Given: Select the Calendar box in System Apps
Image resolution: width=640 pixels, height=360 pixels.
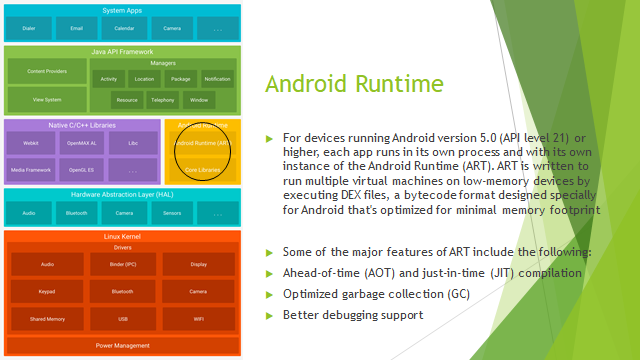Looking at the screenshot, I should click(x=124, y=30).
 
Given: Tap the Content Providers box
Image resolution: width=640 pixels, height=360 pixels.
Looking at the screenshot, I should click(x=47, y=71).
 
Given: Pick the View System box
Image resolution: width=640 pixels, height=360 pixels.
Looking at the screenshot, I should click(x=47, y=100).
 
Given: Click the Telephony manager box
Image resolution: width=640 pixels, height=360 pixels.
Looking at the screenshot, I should click(x=163, y=100).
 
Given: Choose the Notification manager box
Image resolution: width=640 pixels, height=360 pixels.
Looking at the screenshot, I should click(x=218, y=78).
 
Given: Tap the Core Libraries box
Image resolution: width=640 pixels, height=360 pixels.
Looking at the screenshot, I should click(x=203, y=171).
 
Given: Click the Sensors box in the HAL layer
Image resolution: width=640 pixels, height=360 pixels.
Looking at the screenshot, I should click(x=172, y=213).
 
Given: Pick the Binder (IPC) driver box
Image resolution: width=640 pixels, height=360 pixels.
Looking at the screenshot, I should click(x=123, y=265).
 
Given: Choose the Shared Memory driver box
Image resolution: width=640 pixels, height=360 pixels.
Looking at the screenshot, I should click(x=47, y=320).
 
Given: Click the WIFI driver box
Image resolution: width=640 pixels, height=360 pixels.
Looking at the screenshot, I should click(x=198, y=320).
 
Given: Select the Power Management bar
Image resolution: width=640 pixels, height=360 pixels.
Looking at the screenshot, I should click(x=123, y=345).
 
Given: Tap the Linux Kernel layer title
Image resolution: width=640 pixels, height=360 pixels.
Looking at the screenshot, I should click(x=123, y=236).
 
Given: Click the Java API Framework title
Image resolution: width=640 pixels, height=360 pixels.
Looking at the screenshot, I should click(x=123, y=50).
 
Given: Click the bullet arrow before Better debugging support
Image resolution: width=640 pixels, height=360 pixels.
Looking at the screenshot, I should click(x=269, y=316).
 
